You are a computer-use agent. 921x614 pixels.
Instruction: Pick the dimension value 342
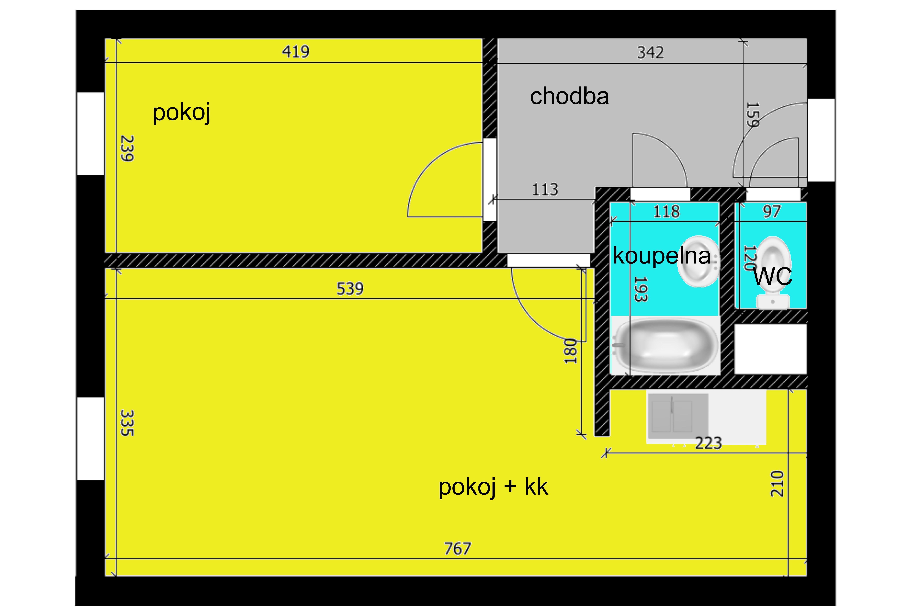[650, 53]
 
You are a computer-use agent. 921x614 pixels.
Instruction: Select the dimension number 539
[350, 289]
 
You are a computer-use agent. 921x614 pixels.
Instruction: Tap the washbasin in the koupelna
[699, 261]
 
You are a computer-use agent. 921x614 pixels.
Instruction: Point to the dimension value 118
[667, 212]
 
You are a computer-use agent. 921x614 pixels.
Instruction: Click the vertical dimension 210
[777, 484]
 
